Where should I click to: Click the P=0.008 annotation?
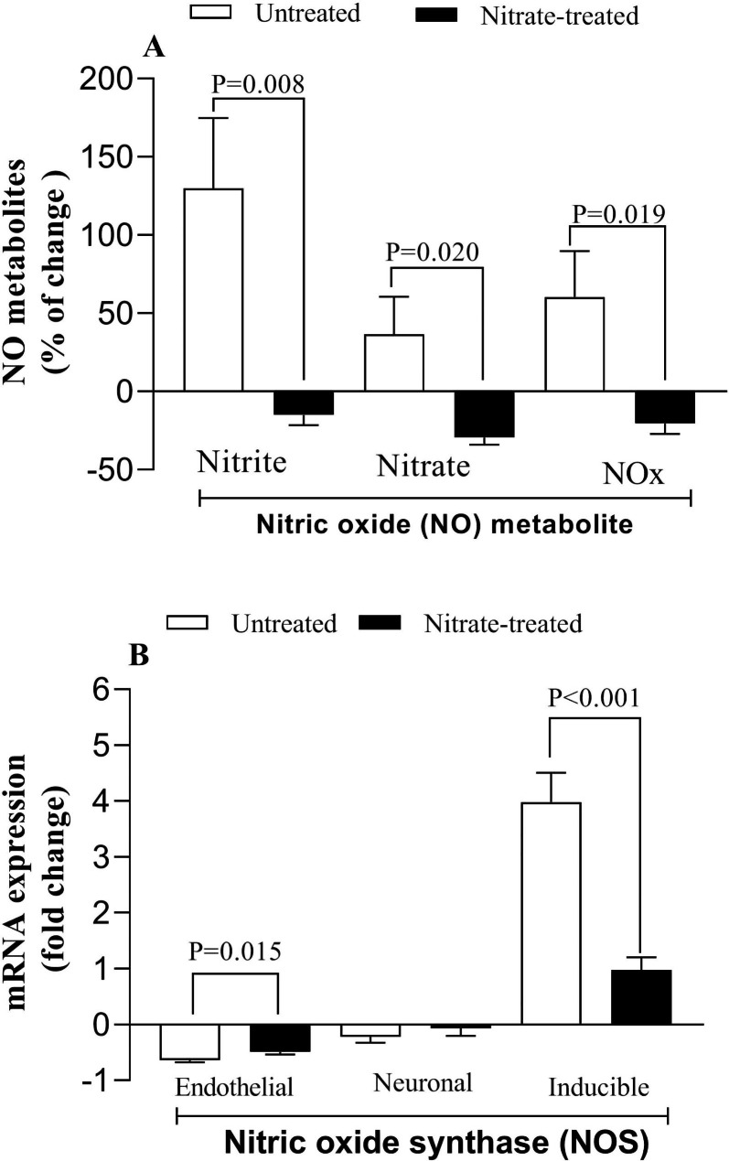[258, 84]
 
